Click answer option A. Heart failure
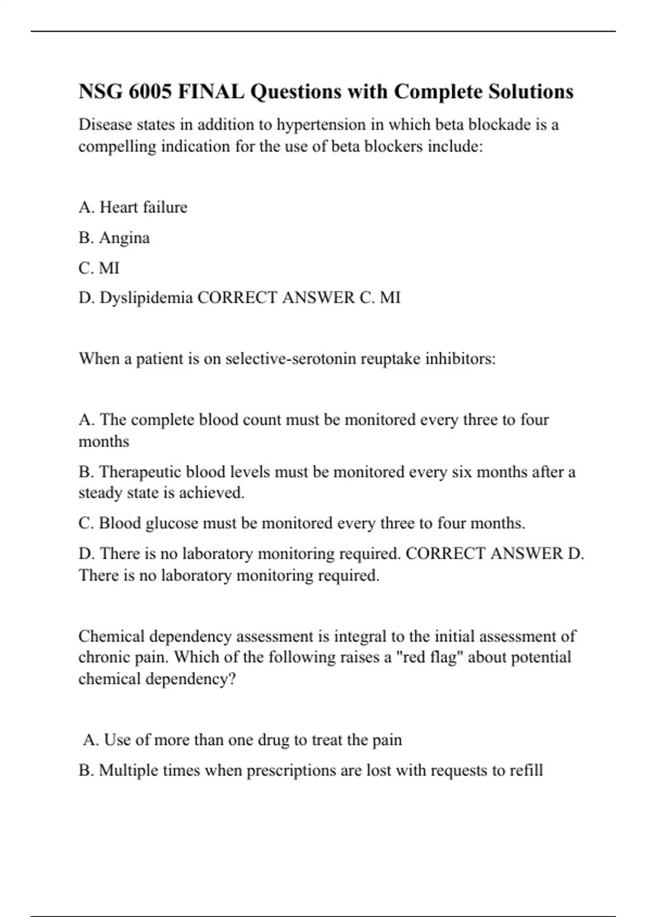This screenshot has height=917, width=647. [133, 207]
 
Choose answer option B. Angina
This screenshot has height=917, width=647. [114, 238]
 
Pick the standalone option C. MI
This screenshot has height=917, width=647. [99, 268]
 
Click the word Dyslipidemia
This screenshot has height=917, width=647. [146, 298]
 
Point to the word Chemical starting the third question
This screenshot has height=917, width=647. [112, 637]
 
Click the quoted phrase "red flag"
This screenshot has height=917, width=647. [430, 658]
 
